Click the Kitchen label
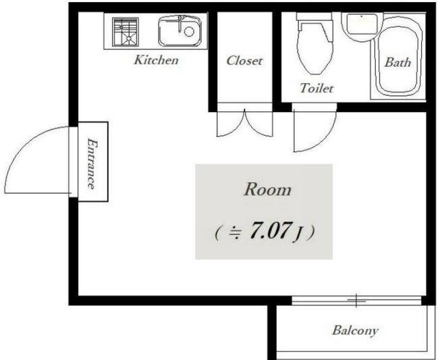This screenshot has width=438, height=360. point(156,60)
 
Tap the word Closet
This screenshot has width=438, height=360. point(244,61)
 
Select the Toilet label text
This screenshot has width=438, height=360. point(317,88)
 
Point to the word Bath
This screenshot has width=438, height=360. point(398,62)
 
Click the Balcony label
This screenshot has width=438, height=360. point(355,330)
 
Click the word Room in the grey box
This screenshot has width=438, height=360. point(268,189)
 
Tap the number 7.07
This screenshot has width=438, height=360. point(270,230)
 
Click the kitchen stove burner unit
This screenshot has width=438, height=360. point(126,32)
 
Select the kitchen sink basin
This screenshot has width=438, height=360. point(180,31)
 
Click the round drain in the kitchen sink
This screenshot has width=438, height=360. point(189,32)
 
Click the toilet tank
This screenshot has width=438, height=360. point(314,16)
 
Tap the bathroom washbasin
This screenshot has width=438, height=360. point(362,24)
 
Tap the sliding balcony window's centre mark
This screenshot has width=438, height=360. point(356,301)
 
